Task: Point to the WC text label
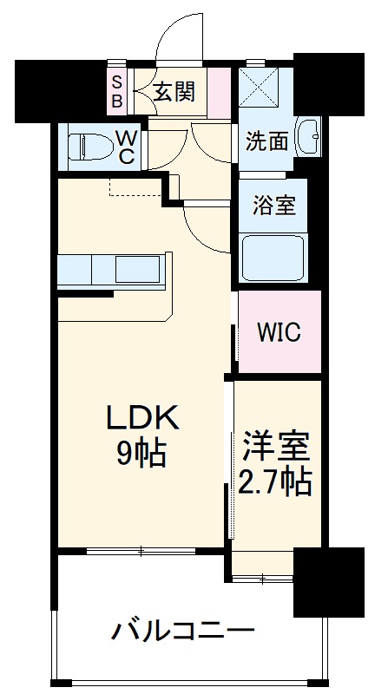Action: (x=126, y=147)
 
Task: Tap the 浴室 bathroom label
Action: (x=274, y=206)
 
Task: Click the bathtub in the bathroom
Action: (x=276, y=258)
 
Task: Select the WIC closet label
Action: (x=279, y=332)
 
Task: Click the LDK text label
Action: (x=142, y=419)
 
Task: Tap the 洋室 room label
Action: (x=277, y=448)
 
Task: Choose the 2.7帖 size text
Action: (x=276, y=481)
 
